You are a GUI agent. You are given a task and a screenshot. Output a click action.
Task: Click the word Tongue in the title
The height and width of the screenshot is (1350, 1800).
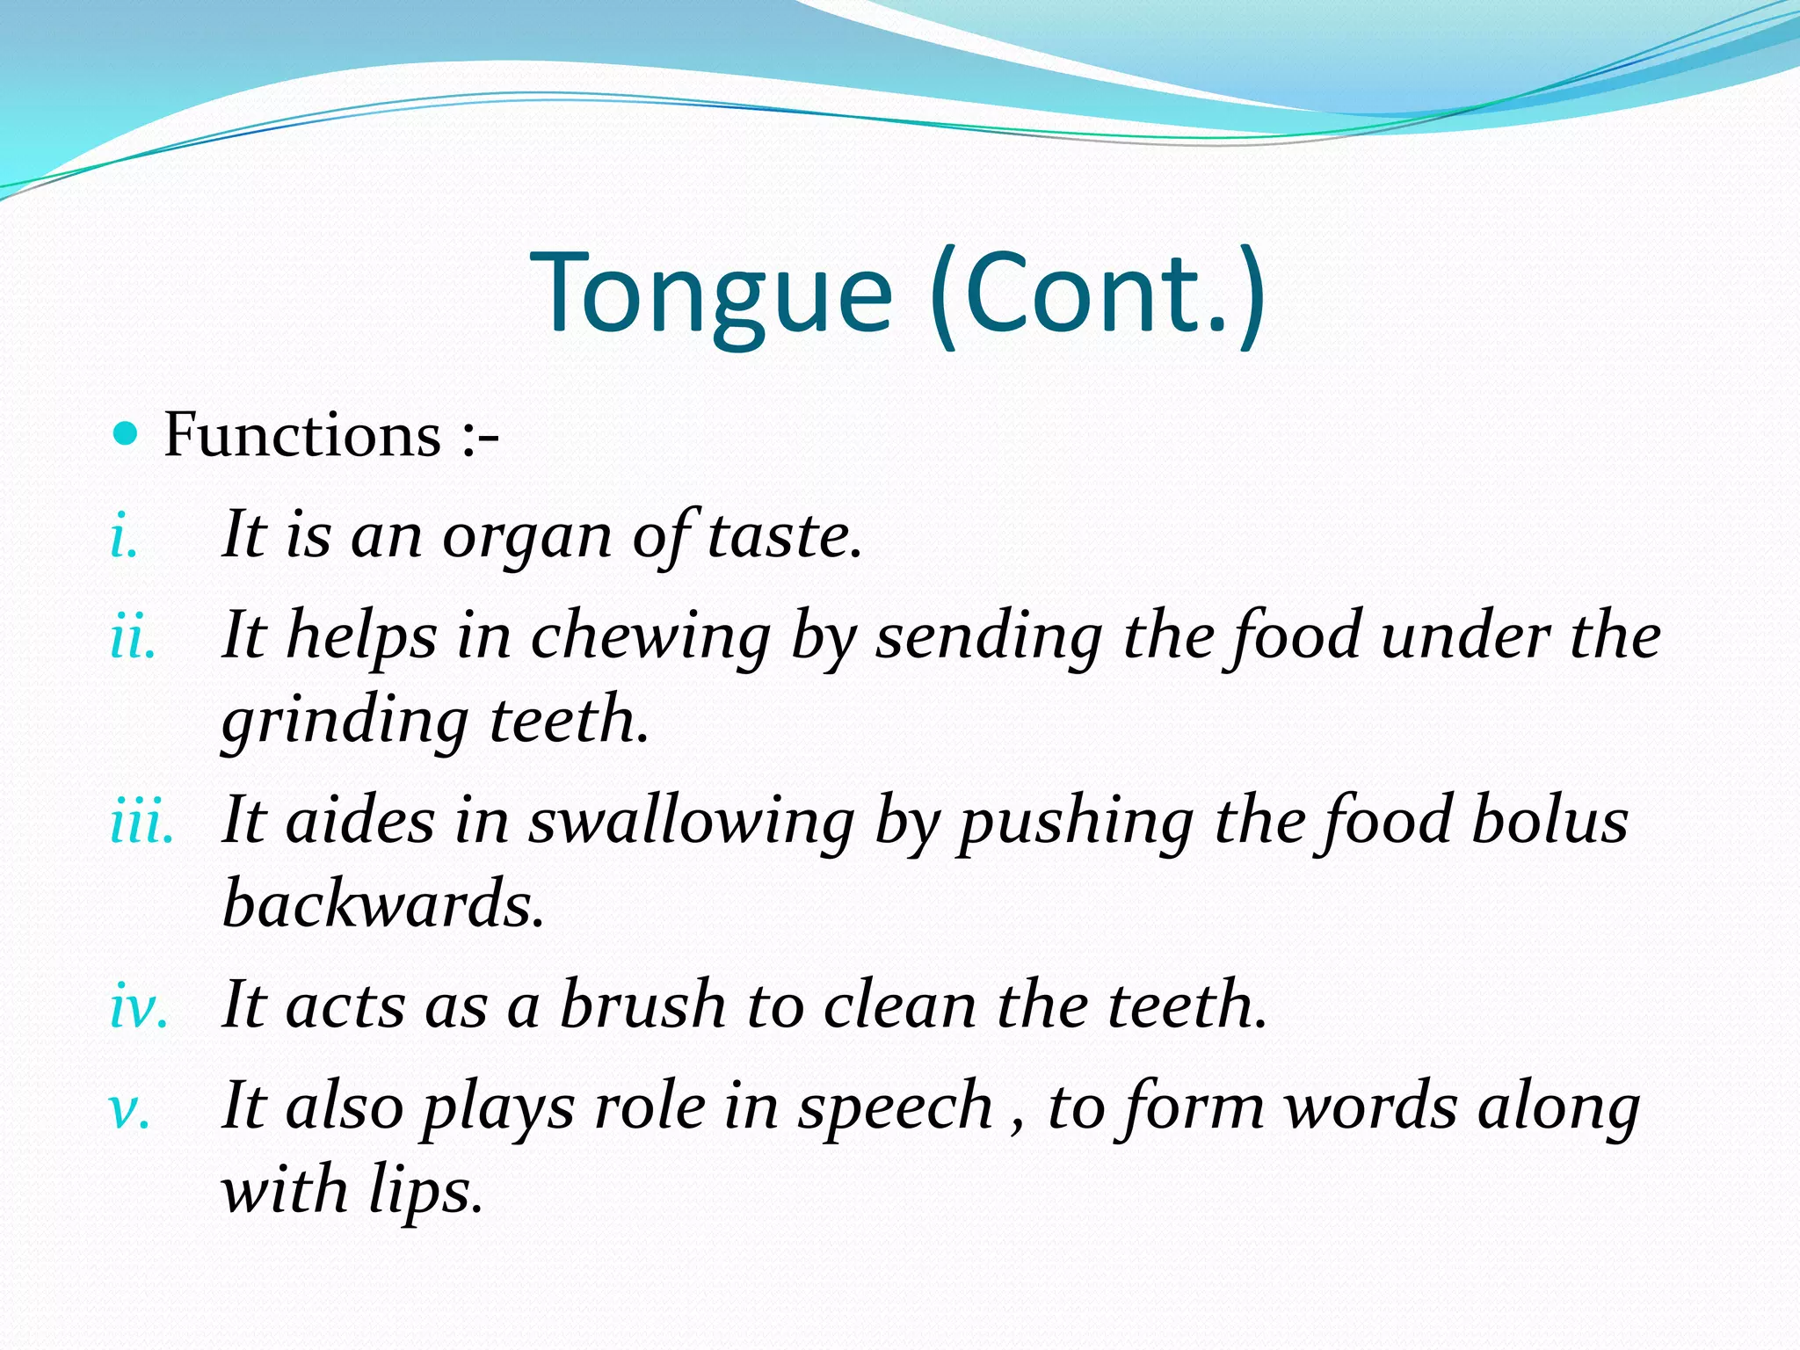711,294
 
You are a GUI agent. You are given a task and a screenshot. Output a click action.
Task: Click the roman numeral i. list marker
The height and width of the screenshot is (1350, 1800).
124,536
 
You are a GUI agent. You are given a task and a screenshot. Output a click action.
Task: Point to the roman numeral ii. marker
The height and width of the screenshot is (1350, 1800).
133,637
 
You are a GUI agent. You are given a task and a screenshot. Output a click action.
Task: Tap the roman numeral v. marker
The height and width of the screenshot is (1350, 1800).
128,1109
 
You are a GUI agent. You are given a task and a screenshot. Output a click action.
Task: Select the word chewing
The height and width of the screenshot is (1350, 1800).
650,637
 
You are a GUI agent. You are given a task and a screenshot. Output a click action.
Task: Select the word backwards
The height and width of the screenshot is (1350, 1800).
382,904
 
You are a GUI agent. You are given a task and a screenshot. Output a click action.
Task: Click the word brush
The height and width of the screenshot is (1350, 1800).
643,1005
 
